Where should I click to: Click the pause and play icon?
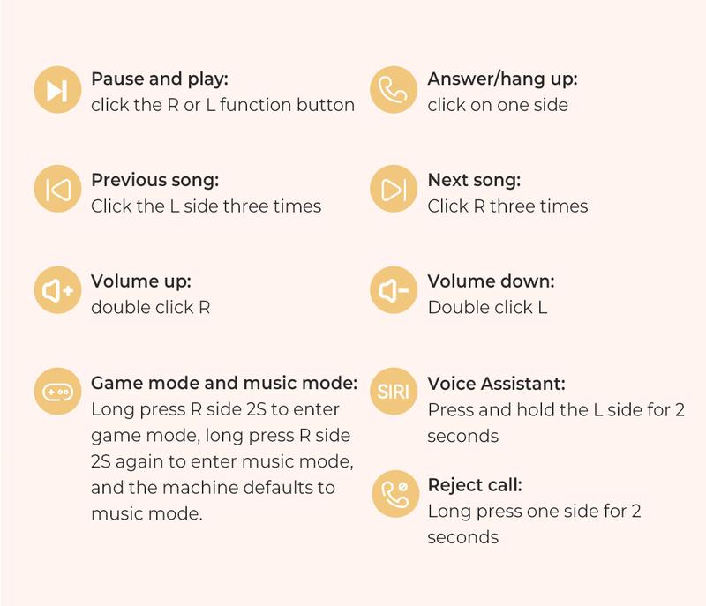pos(57,89)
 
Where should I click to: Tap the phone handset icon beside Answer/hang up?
pos(394,89)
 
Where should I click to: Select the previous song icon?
pos(57,189)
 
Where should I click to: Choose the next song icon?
pos(394,189)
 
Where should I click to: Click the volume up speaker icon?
pos(57,289)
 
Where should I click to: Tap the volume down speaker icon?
pos(394,289)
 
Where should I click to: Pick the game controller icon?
pos(57,391)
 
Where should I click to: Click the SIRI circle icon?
pos(394,391)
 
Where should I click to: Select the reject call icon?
pos(395,493)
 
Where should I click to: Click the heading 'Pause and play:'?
pos(160,79)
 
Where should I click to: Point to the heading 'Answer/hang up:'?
pos(502,79)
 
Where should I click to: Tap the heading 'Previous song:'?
pos(155,181)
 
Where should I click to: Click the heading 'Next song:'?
pos(474,180)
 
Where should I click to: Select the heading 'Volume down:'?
pos(492,281)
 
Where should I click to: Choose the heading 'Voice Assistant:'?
pos(497,384)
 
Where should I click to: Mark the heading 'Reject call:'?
pos(475,485)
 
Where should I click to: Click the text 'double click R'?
pos(150,307)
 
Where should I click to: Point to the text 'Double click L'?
pos(488,307)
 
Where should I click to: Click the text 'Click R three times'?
pos(508,206)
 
